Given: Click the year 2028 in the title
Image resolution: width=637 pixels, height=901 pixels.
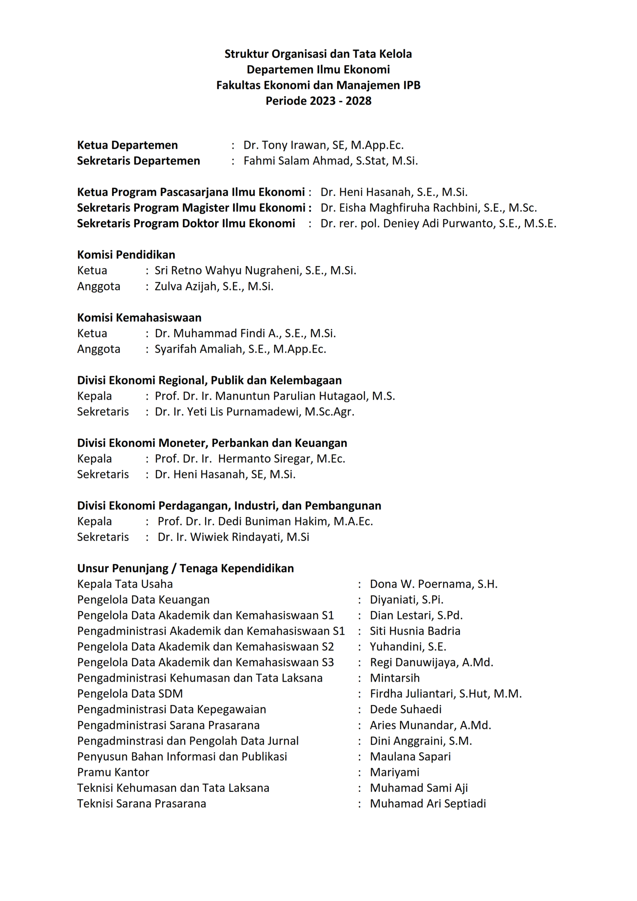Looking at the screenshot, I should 358,101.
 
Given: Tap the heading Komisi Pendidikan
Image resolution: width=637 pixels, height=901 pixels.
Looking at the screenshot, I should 126,255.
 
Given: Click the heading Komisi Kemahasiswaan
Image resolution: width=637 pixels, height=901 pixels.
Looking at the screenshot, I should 139,317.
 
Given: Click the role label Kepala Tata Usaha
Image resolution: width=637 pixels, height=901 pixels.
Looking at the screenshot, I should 125,584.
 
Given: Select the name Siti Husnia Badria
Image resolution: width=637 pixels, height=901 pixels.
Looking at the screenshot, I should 415,631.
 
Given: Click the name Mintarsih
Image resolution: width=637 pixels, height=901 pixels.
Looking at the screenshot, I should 395,678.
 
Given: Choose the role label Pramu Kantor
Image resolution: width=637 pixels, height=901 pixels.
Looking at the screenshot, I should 113,772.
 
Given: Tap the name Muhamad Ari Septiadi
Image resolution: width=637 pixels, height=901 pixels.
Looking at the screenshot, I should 428,804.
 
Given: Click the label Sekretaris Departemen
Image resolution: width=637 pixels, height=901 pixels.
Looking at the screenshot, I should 138,161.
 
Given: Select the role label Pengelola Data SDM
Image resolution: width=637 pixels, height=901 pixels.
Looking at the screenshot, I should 130,694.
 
